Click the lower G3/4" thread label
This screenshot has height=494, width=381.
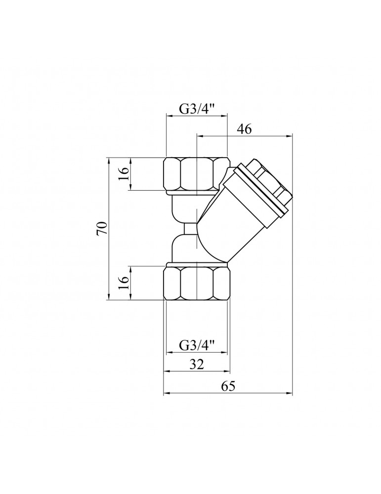[197, 346]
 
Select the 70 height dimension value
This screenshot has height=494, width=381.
[103, 229]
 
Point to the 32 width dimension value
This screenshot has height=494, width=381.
[197, 365]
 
